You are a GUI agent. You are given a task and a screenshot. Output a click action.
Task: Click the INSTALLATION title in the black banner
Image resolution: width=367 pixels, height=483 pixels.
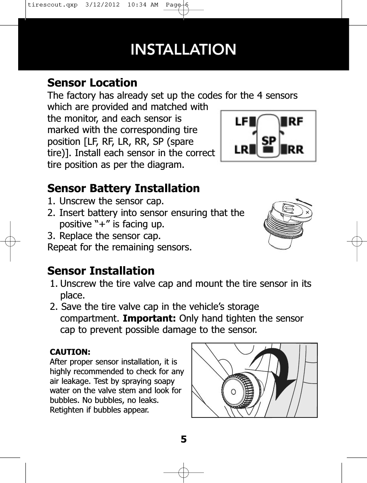coord(184,49)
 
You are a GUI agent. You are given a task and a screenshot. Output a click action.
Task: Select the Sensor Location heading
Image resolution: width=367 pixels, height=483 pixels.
coord(92,83)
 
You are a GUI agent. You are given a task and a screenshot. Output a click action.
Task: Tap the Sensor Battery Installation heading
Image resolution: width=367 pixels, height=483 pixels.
coord(124,189)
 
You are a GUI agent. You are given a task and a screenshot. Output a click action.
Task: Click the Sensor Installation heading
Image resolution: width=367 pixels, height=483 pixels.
coord(101,270)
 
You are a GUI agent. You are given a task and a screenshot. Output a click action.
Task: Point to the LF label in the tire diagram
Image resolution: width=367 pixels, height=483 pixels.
coord(241,121)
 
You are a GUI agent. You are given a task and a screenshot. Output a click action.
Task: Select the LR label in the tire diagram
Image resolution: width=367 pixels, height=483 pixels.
coord(241,149)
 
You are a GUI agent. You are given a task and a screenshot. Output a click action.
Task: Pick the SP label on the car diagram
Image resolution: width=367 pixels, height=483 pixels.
coord(269,140)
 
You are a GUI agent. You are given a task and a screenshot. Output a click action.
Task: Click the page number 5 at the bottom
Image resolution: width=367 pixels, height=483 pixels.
coord(184,439)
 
